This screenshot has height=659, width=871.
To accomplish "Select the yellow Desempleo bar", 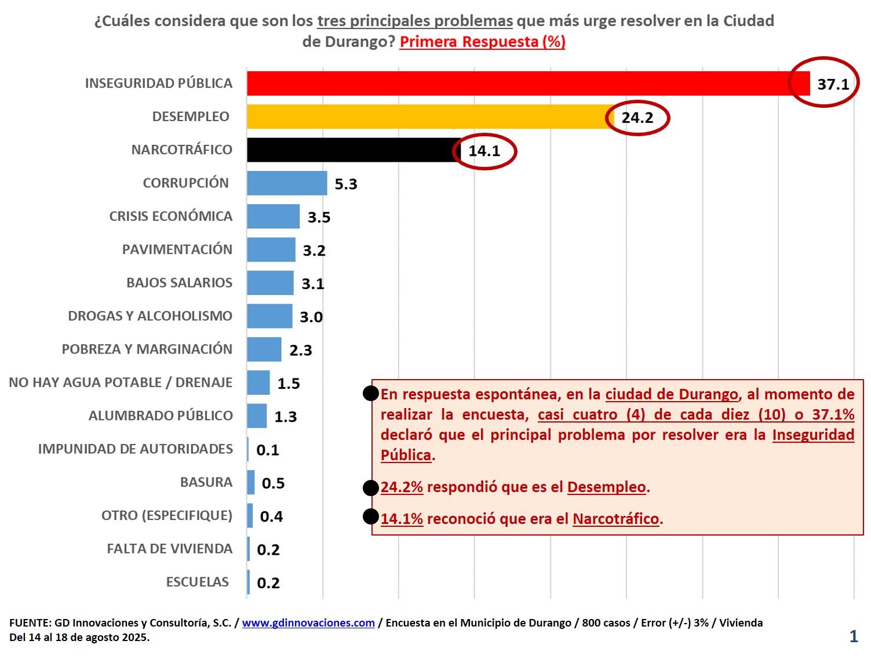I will tap(429, 116).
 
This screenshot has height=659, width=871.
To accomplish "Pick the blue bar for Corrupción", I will tap(287, 183).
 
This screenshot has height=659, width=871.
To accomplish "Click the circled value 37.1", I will tap(833, 85).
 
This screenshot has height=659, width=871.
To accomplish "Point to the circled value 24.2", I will tap(637, 118).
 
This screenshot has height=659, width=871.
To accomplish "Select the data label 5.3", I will tap(346, 184).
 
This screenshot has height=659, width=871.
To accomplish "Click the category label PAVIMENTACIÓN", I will tap(177, 250).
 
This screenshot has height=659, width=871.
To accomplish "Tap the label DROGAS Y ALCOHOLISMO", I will tap(150, 316).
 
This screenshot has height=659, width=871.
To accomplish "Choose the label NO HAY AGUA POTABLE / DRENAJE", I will tap(121, 383).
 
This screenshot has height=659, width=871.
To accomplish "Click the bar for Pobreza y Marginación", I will tap(264, 349).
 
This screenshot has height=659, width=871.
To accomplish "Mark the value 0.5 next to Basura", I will tap(273, 483).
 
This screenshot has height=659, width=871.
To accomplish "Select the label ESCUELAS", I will tap(198, 582).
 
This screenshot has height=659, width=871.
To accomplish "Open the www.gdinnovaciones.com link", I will tap(308, 623).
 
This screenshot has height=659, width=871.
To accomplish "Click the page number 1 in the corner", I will tap(853, 636).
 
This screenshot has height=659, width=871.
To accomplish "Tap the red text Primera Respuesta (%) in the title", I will tap(482, 42).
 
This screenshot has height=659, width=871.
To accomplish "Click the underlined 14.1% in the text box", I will tap(402, 519).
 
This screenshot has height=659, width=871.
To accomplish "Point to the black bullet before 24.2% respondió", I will tap(371, 488).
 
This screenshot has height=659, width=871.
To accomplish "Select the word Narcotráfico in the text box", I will tap(615, 519).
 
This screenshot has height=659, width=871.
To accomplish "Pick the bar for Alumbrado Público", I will tap(257, 416).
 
